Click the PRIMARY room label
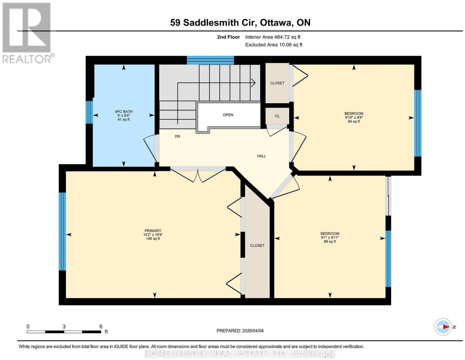(x=153, y=231)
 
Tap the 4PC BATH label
(x=124, y=112)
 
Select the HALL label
(x=261, y=156)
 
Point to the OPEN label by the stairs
(x=228, y=115)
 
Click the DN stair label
(x=177, y=136)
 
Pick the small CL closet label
(x=277, y=116)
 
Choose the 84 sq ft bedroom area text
(x=354, y=121)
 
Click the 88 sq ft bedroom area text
(x=330, y=241)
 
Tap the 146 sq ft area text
(x=153, y=239)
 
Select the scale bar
(x=64, y=332)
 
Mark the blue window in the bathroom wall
(x=89, y=112)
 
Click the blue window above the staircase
(x=210, y=60)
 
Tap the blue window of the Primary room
(x=62, y=232)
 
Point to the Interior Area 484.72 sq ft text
(x=273, y=37)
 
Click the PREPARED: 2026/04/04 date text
(x=240, y=330)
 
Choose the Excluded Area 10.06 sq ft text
(x=274, y=45)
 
